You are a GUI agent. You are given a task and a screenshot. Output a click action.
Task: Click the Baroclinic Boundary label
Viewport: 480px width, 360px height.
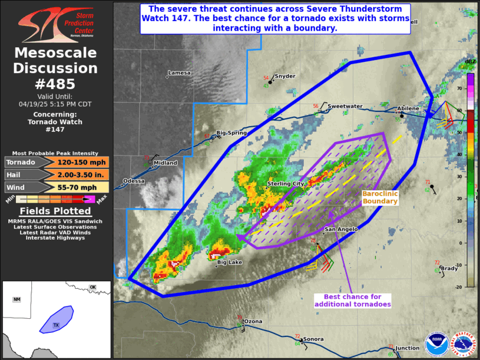(x=380, y=197)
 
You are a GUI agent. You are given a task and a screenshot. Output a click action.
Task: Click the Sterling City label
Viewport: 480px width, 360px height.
(x=286, y=184)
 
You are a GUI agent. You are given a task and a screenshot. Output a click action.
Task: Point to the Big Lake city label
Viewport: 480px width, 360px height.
(x=230, y=262)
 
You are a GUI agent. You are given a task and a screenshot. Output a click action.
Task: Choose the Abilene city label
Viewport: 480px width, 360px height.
(x=408, y=108)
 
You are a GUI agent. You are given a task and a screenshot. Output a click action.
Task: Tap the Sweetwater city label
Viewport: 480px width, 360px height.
(x=345, y=106)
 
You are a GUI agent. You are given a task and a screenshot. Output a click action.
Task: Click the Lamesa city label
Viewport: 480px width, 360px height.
(x=179, y=73)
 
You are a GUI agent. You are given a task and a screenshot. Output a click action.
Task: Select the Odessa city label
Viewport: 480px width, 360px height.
(x=134, y=181)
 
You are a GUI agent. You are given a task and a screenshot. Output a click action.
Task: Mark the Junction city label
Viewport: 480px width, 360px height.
(x=408, y=348)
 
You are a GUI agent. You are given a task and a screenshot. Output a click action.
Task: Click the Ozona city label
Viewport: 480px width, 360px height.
(x=254, y=321)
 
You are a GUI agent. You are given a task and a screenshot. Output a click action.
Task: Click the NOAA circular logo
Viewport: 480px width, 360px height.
(x=436, y=344)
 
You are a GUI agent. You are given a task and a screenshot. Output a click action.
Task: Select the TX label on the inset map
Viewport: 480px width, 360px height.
(x=57, y=325)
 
